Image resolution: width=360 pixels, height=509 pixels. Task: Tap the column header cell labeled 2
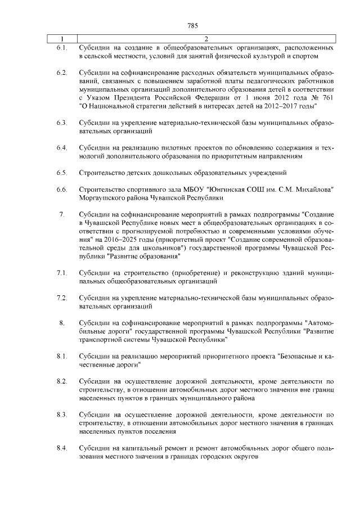(206, 39)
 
